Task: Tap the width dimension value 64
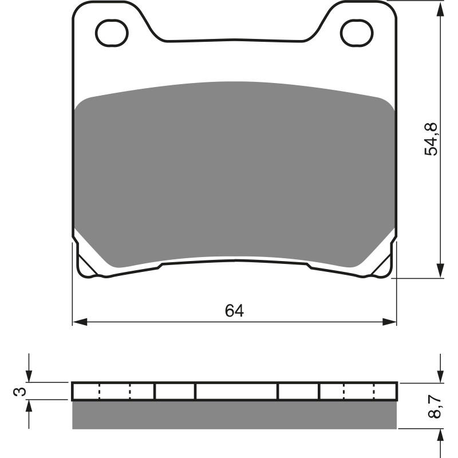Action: (x=234, y=311)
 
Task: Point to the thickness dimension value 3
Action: (x=19, y=392)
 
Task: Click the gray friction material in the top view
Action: (x=235, y=172)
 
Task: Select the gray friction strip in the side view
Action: (x=235, y=415)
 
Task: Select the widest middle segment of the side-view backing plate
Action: (x=236, y=392)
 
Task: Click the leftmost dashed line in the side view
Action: (x=100, y=392)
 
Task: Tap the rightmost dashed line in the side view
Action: (x=374, y=392)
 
